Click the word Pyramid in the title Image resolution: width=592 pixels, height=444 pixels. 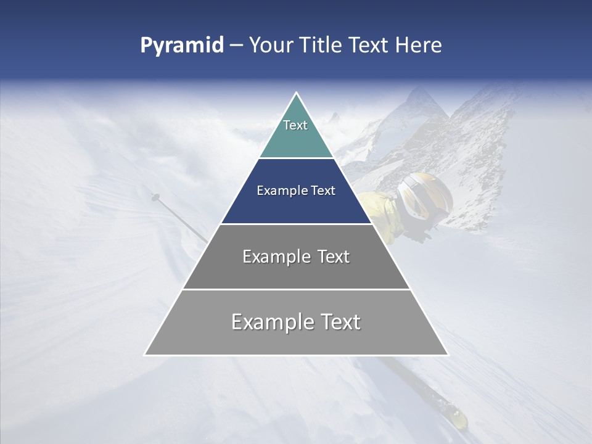pyautogui.click(x=181, y=46)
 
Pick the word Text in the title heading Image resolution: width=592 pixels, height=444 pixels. pyautogui.click(x=370, y=46)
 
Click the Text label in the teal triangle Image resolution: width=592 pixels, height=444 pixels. pyautogui.click(x=295, y=125)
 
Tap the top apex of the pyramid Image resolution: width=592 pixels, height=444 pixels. pyautogui.click(x=296, y=94)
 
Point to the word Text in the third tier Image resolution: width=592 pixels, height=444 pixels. pyautogui.click(x=334, y=257)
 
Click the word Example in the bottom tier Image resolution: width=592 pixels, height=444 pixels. pyautogui.click(x=270, y=322)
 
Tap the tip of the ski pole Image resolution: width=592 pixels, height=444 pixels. pyautogui.click(x=153, y=196)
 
